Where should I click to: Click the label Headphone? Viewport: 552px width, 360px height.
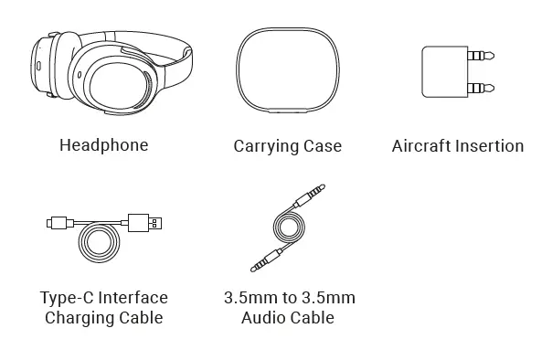[x=103, y=145]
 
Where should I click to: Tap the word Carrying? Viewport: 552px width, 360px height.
[x=266, y=146]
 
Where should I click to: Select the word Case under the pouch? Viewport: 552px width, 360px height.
[x=323, y=146]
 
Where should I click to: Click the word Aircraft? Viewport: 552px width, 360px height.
[x=421, y=146]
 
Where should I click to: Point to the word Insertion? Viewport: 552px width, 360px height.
[x=490, y=146]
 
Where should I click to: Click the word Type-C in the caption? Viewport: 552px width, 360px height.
[x=66, y=298]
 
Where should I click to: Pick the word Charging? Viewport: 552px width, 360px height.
[x=77, y=318]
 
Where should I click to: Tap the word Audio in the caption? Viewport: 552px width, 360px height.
[x=263, y=318]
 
